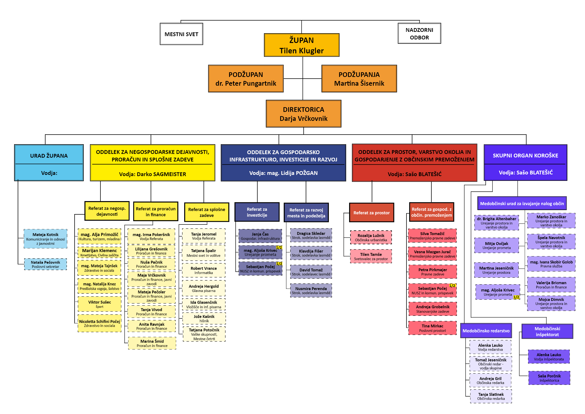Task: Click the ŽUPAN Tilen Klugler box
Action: pyautogui.click(x=301, y=45)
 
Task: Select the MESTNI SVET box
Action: pyautogui.click(x=181, y=34)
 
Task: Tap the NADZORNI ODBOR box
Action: pyautogui.click(x=419, y=33)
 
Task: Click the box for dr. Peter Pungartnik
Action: pyautogui.click(x=246, y=79)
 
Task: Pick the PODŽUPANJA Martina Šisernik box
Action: pyautogui.click(x=359, y=79)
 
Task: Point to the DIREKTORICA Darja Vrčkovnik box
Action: pyautogui.click(x=303, y=114)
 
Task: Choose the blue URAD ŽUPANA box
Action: pyautogui.click(x=49, y=163)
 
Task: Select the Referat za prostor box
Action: pyautogui.click(x=372, y=213)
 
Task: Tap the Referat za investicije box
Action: pyautogui.click(x=257, y=212)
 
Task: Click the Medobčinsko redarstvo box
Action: pyautogui.click(x=486, y=331)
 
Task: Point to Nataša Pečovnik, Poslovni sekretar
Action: pyautogui.click(x=45, y=264)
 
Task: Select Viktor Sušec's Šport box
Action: pyautogui.click(x=99, y=304)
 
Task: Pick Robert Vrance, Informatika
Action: pyautogui.click(x=204, y=270)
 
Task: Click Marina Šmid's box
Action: pyautogui.click(x=152, y=343)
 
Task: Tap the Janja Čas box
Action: pyautogui.click(x=260, y=236)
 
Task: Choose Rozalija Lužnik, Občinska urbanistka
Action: pyautogui.click(x=371, y=237)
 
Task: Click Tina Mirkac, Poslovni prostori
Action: pyautogui.click(x=432, y=328)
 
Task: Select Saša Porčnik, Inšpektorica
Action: pyautogui.click(x=549, y=378)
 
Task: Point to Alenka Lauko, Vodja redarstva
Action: pyautogui.click(x=490, y=347)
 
